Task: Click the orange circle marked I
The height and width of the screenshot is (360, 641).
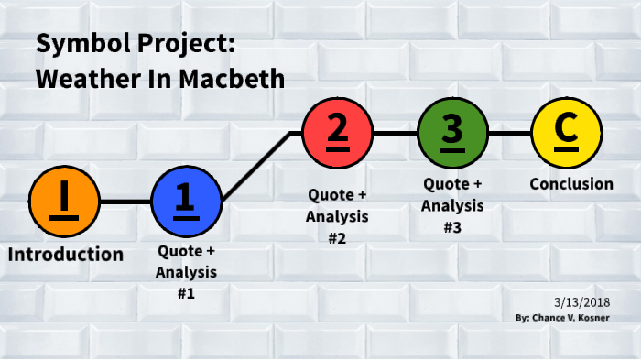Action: tap(64, 201)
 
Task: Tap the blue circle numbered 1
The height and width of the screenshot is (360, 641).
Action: tap(187, 201)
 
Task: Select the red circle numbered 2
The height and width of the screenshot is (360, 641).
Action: tap(338, 133)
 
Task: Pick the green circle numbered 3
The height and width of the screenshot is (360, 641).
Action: tap(452, 133)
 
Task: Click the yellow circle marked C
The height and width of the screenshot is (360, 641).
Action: tap(567, 133)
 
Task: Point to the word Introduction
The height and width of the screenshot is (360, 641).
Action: tap(65, 254)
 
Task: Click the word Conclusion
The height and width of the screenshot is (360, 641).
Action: tap(571, 183)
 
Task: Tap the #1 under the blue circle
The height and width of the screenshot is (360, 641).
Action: tap(186, 293)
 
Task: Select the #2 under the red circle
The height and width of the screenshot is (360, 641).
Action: tap(337, 237)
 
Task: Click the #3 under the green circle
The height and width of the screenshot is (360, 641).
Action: tap(451, 227)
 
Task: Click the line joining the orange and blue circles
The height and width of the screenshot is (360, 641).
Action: tap(125, 201)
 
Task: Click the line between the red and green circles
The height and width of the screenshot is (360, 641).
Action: tap(395, 133)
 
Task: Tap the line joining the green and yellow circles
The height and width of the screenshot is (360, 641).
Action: tap(509, 133)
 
